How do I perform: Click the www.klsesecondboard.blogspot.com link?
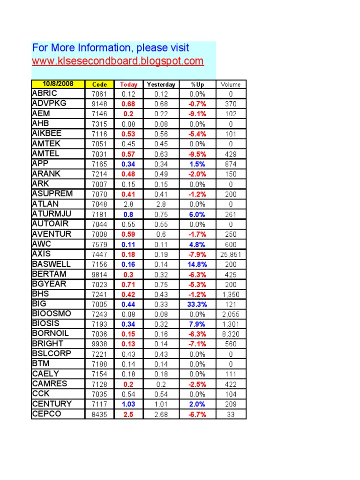pos(118,61)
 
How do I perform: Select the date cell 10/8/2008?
pos(58,84)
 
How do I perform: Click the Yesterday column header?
pos(161,84)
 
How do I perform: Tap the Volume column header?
pos(230,84)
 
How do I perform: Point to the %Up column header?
pos(197,84)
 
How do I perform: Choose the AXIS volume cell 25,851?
pos(230,255)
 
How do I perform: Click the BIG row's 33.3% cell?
pos(197,304)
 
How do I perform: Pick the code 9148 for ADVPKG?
pos(99,104)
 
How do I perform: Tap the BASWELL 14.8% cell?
pos(197,264)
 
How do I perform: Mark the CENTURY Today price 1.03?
pos(128,404)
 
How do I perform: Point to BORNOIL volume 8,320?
pos(230,334)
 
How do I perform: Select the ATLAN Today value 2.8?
pos(128,204)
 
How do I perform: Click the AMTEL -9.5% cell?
pos(197,154)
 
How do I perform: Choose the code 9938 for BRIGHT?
pos(99,344)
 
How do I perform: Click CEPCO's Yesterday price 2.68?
pos(161,414)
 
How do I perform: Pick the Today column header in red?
pos(128,84)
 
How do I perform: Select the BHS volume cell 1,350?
pos(230,294)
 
